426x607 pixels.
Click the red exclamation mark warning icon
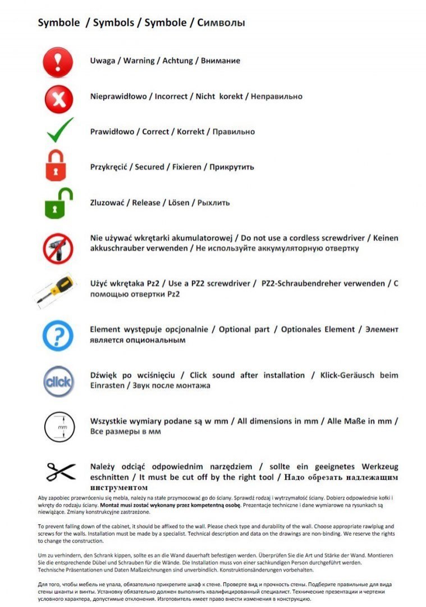[58, 62]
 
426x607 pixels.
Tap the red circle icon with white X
[58, 99]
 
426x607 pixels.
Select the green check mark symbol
[59, 130]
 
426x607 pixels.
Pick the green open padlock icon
[58, 203]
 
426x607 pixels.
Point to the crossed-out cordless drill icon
[58, 248]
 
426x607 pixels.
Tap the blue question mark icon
[58, 336]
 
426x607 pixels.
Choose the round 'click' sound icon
[58, 381]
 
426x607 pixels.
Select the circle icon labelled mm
[59, 427]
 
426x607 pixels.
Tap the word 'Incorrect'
[171, 97]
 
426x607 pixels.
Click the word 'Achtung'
[177, 61]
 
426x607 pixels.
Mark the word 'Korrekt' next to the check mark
[190, 132]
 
